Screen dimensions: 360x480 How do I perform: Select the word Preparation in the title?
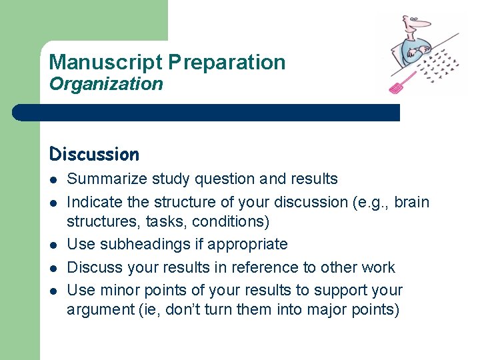click(227, 63)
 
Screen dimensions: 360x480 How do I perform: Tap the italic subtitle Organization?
click(106, 84)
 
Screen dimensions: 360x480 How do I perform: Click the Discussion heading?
click(94, 155)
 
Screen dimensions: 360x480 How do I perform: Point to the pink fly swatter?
click(402, 82)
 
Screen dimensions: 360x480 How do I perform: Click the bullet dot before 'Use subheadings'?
click(53, 245)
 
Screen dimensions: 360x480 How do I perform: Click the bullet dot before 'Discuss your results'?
click(53, 268)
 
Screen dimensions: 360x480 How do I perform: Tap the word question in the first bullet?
click(225, 179)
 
